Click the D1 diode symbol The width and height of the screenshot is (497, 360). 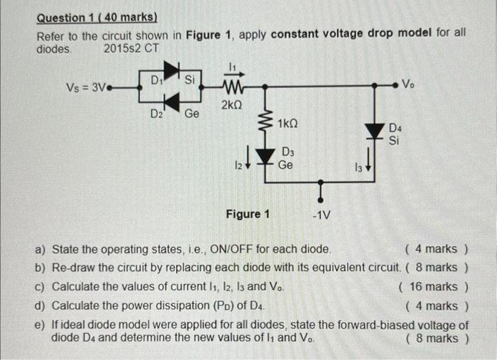click(170, 69)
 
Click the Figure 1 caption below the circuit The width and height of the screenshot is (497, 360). click(248, 213)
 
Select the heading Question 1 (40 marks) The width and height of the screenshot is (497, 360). click(97, 17)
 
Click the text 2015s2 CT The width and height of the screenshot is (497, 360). click(131, 49)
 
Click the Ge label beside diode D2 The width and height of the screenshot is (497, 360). click(192, 114)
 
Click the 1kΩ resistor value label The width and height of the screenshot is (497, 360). click(288, 124)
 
